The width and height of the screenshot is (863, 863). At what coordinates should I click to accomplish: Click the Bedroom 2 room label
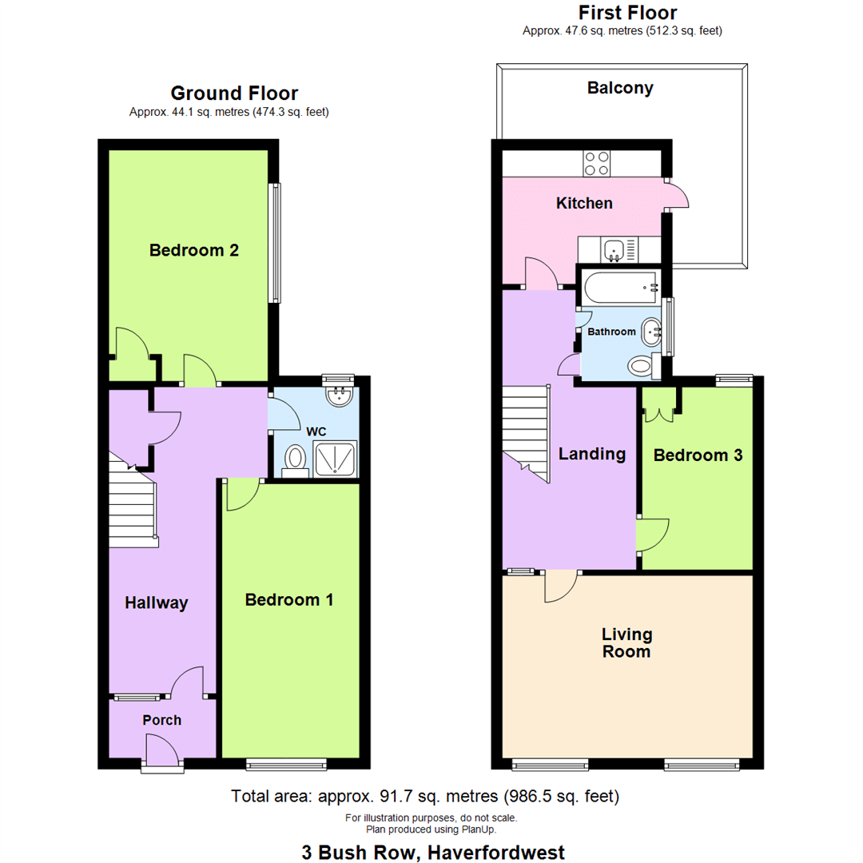[x=194, y=250]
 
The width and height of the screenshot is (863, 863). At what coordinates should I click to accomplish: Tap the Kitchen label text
[x=584, y=203]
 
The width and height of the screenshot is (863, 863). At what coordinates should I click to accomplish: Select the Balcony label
[x=620, y=88]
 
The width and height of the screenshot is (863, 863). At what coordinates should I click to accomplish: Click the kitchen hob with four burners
[x=596, y=163]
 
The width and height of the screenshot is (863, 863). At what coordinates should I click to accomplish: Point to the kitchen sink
[x=614, y=251]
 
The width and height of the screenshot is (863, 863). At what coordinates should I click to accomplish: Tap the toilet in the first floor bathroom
[x=642, y=367]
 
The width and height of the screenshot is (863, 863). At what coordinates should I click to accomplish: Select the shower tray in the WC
[x=336, y=459]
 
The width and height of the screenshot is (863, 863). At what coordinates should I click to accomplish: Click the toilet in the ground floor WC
[x=295, y=459]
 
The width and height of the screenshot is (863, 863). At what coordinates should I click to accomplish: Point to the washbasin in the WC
[x=340, y=395]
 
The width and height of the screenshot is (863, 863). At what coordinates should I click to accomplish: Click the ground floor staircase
[x=132, y=503]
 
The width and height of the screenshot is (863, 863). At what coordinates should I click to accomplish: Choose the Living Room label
[x=627, y=642]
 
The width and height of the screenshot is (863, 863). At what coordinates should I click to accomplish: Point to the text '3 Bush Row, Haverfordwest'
[x=431, y=852]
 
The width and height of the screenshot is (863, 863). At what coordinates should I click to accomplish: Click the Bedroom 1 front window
[x=286, y=765]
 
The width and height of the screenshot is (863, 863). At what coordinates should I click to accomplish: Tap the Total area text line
[x=424, y=797]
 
